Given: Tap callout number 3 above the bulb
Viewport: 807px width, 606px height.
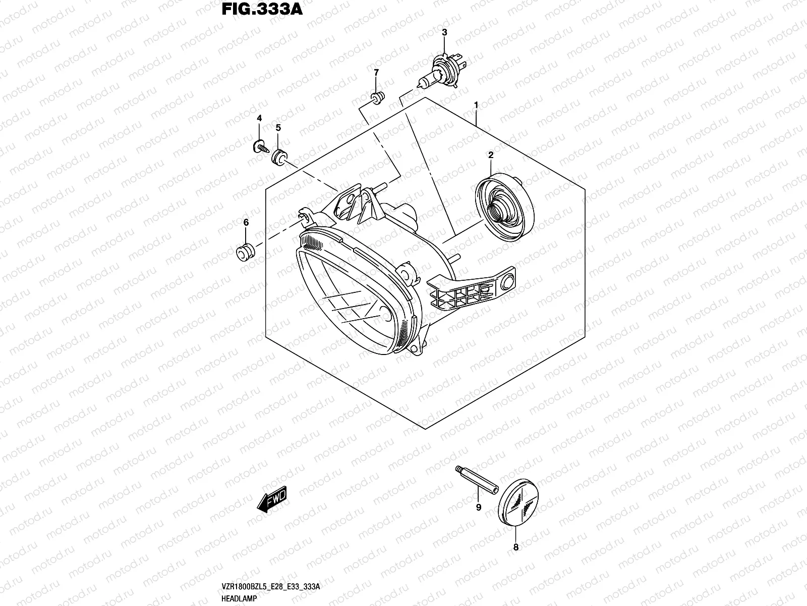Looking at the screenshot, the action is [x=444, y=33].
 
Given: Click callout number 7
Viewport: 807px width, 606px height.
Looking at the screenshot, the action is [x=376, y=73].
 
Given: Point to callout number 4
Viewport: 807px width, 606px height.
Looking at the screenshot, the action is [x=259, y=118].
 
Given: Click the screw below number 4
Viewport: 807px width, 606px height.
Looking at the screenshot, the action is [x=260, y=147].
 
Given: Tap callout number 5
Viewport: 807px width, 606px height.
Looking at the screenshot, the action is [x=278, y=128].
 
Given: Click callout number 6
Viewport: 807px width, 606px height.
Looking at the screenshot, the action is [x=246, y=222].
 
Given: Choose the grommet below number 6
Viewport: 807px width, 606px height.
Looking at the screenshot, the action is [x=245, y=251].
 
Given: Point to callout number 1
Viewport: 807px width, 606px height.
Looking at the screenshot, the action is [x=476, y=105].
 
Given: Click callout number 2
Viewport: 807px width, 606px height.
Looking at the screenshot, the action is [x=490, y=155].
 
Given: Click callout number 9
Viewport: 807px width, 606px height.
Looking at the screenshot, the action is [x=479, y=507].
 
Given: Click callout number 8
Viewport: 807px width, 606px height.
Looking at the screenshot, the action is [x=515, y=546].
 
